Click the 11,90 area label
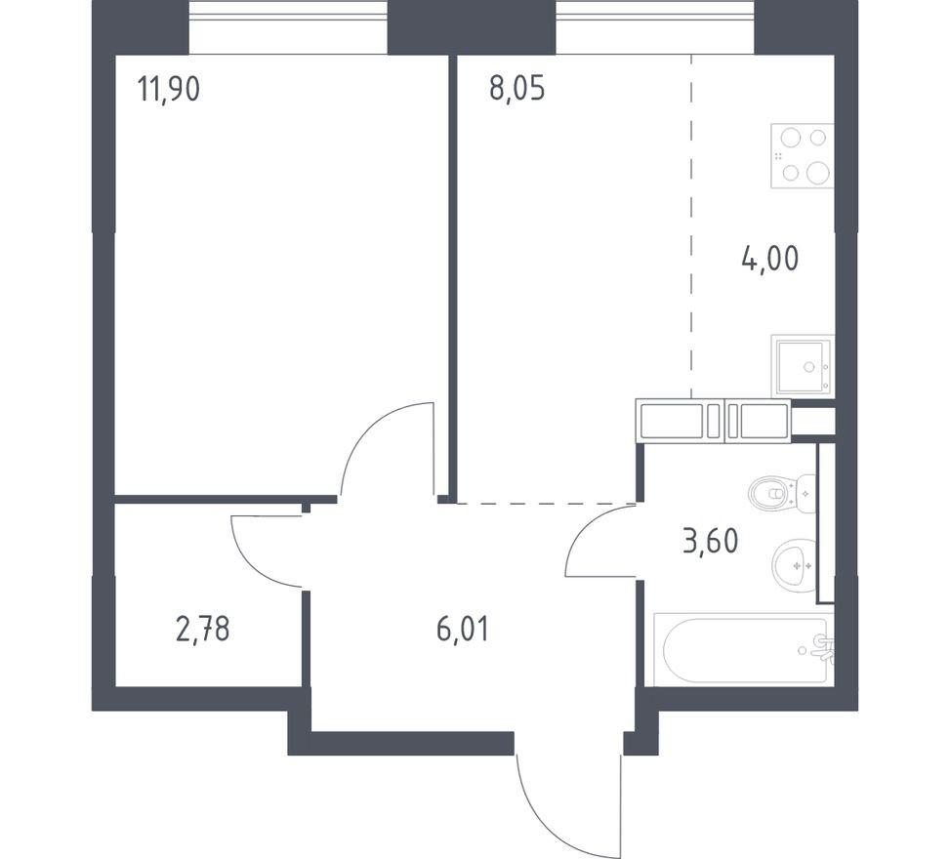[x=169, y=90]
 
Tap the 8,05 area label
[x=516, y=90]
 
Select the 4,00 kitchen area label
[x=770, y=260]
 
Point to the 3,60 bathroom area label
[x=710, y=540]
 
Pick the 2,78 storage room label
[x=203, y=630]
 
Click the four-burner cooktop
[x=802, y=156]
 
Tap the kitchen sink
[x=803, y=365]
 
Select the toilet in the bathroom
[x=782, y=493]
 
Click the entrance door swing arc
[x=547, y=820]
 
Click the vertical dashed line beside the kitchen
[x=691, y=225]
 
